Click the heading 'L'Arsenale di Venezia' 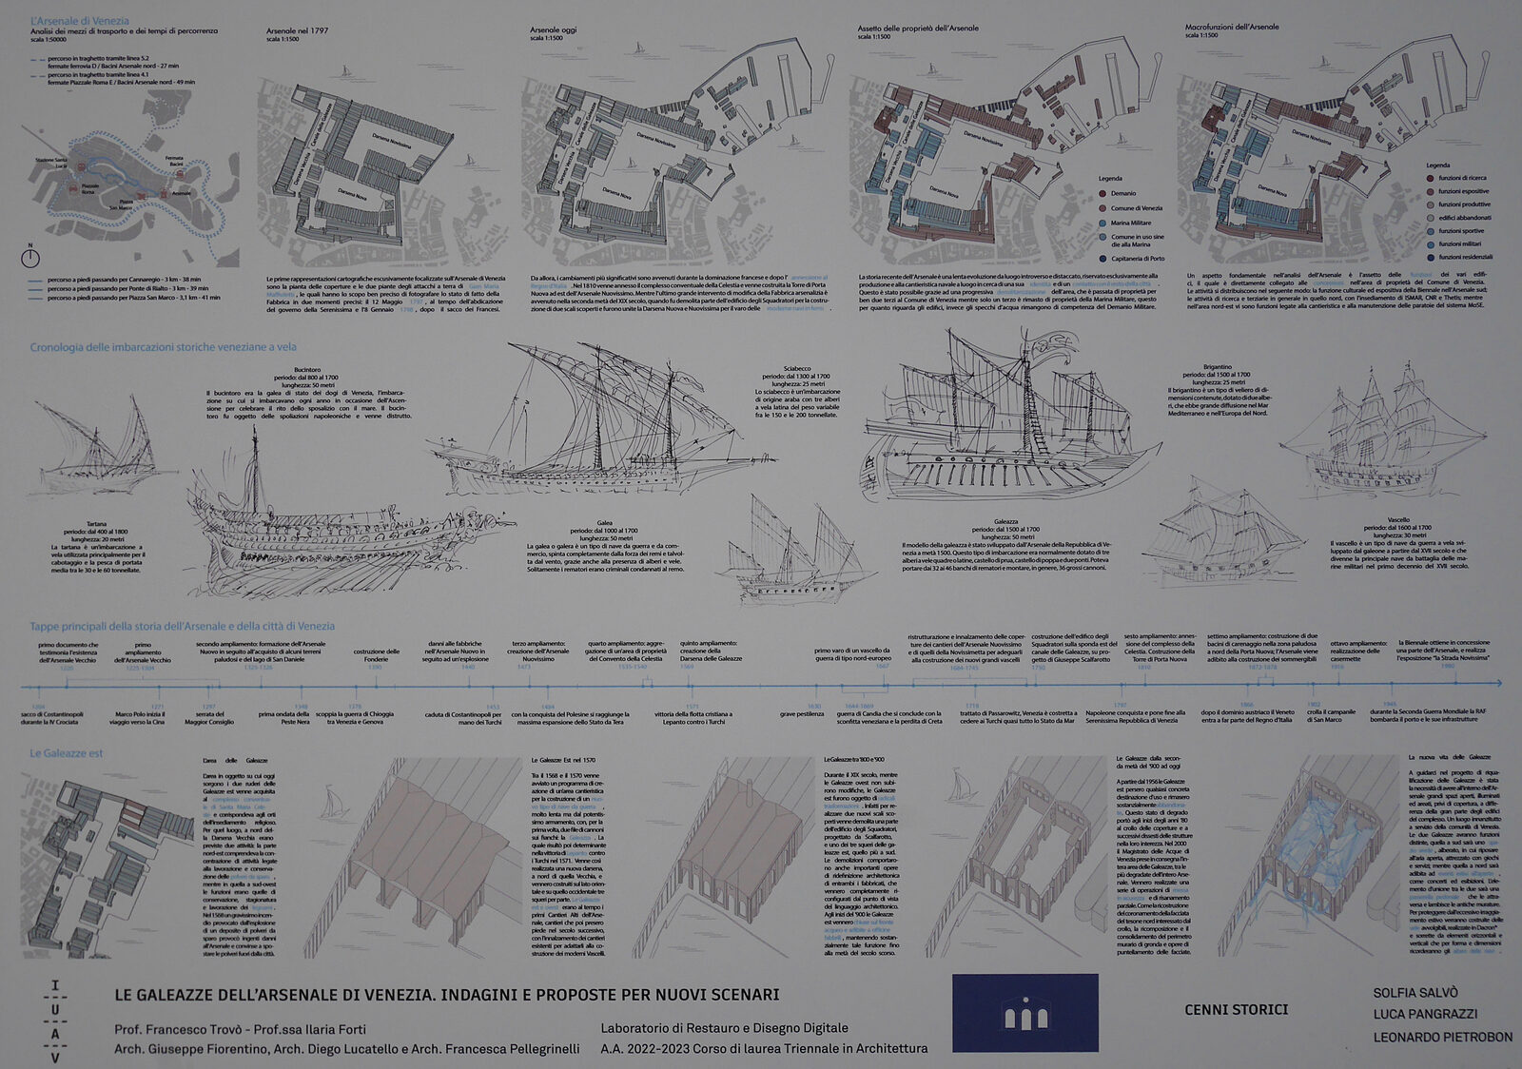coord(79,20)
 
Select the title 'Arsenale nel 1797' coord(297,30)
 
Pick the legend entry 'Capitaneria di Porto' coord(1137,258)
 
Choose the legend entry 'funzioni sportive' coord(1460,230)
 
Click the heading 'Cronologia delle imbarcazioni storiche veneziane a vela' coord(162,348)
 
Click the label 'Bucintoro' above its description coord(307,369)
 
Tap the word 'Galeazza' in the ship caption coord(1005,521)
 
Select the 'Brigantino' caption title coord(1217,367)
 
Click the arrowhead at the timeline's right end coord(1497,683)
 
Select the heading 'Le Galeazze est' coord(66,753)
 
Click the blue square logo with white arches coord(1024,1012)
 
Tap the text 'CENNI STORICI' coord(1236,1009)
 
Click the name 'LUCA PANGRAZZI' coord(1424,1014)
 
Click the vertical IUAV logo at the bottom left coord(54,1021)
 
